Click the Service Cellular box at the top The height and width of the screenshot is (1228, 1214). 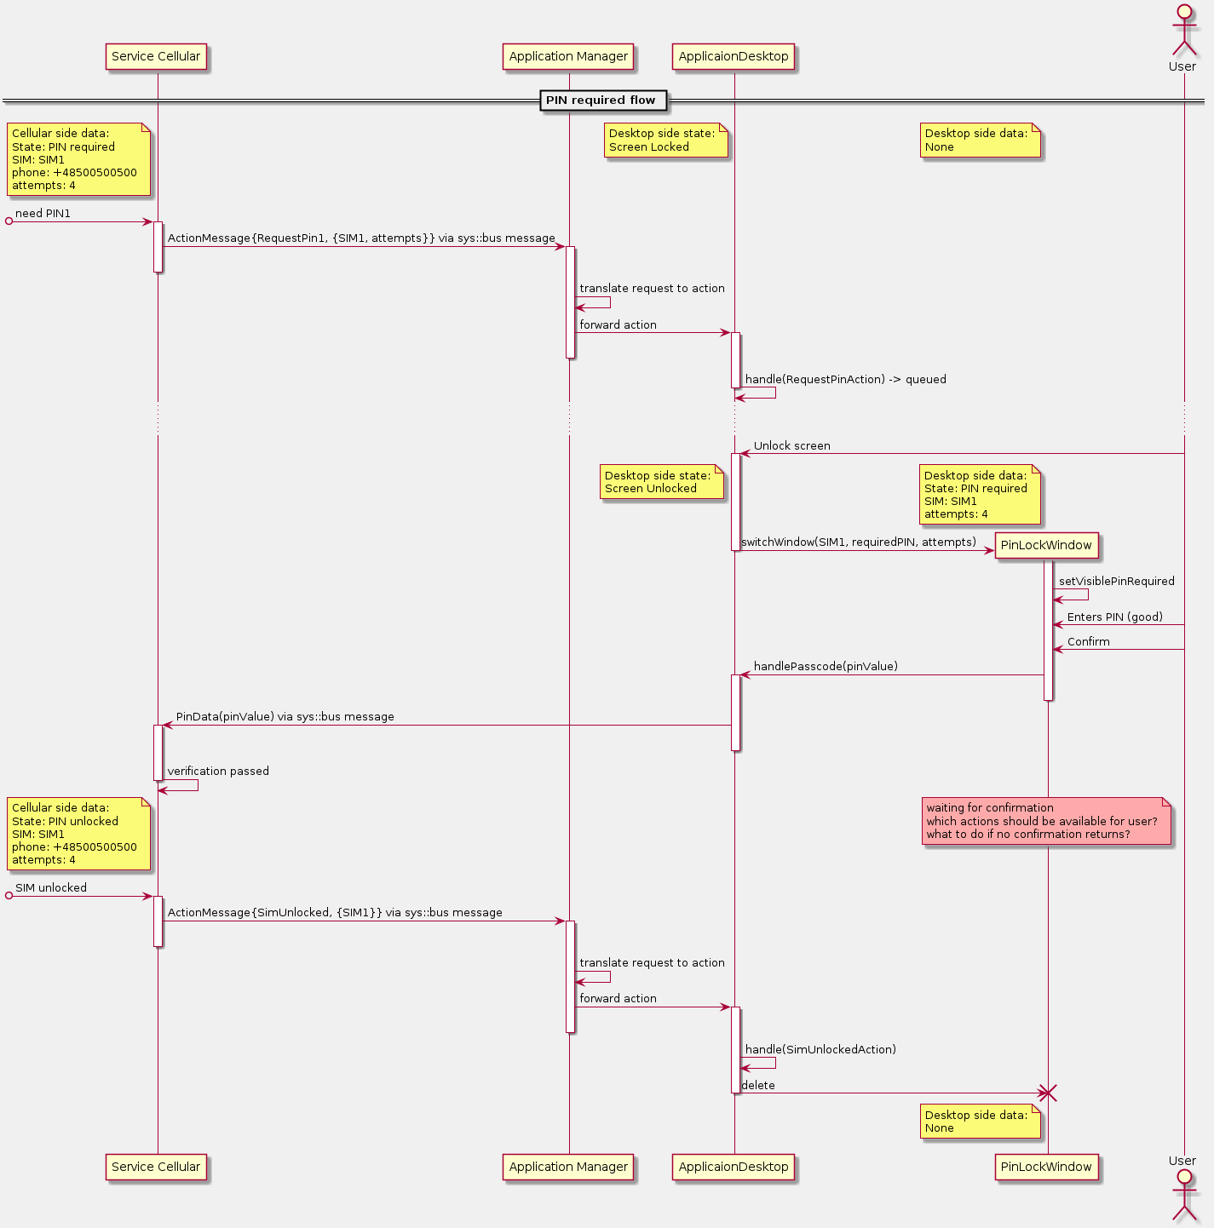[156, 57]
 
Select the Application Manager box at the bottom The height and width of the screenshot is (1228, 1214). [568, 1167]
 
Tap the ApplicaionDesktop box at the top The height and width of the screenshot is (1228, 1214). [734, 57]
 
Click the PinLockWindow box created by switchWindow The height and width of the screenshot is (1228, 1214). [1046, 546]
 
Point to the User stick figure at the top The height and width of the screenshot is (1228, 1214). [1183, 34]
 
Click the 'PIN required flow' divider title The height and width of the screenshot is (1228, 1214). [601, 100]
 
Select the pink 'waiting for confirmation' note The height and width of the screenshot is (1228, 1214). [1046, 821]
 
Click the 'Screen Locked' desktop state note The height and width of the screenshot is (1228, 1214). [666, 141]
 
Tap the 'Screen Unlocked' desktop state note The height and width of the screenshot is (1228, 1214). [662, 483]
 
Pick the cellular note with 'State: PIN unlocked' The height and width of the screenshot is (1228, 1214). [78, 834]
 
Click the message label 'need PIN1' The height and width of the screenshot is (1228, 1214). [43, 214]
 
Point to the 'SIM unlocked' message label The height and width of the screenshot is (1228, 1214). [51, 888]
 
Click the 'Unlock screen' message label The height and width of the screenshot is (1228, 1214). [792, 446]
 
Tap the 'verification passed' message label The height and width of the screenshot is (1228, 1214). [218, 772]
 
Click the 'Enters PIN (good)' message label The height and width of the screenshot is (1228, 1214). [1115, 617]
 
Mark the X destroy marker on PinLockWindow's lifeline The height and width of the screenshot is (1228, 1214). [1048, 1093]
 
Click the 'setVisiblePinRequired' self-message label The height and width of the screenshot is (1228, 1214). [1117, 582]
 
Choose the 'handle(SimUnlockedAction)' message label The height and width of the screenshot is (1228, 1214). [820, 1050]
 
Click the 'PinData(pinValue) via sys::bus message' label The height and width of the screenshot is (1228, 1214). [285, 717]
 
